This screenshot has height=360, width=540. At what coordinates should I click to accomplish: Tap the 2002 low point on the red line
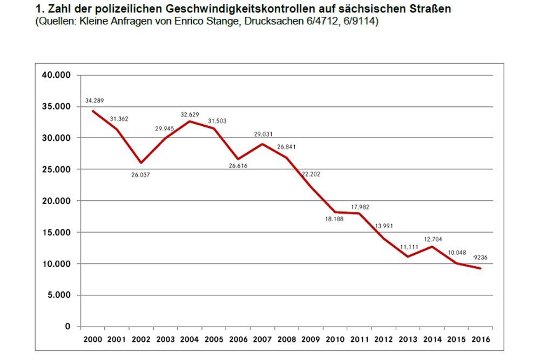[x=141, y=163]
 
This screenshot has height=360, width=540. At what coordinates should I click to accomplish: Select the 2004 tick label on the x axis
[x=190, y=339]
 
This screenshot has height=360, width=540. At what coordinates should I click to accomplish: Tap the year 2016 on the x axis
[x=481, y=339]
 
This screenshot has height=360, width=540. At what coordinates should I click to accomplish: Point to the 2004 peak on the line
[x=190, y=121]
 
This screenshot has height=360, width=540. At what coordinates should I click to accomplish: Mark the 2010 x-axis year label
[x=335, y=339]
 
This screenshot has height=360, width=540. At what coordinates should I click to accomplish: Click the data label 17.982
[x=360, y=207]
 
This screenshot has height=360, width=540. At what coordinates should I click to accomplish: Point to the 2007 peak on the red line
[x=263, y=144]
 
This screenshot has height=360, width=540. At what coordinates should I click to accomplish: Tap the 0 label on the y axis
[x=67, y=327]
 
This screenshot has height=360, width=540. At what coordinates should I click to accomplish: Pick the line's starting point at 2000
[x=93, y=111]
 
